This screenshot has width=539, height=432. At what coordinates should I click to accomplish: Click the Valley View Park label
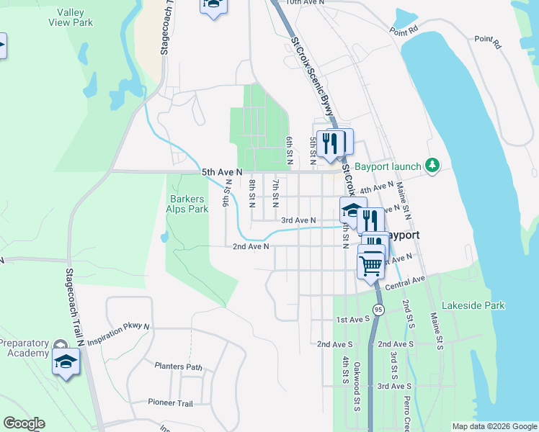[x=71, y=17]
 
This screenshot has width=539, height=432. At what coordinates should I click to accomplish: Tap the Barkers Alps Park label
[x=189, y=204]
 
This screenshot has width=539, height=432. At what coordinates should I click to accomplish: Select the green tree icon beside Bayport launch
[x=432, y=166]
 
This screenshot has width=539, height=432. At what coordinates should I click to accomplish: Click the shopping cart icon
[x=371, y=264]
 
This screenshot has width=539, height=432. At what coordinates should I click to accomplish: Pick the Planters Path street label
[x=179, y=366]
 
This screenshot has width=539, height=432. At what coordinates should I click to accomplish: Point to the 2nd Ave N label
[x=251, y=247]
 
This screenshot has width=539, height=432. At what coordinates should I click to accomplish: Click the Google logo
[x=24, y=423]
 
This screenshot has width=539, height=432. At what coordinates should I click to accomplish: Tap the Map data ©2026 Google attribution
[x=494, y=426]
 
